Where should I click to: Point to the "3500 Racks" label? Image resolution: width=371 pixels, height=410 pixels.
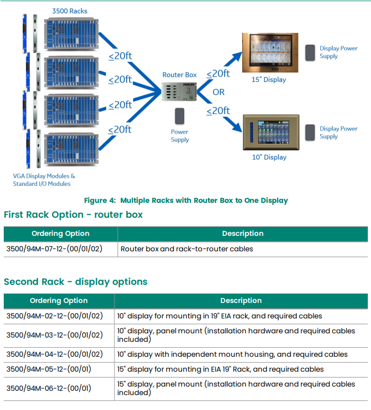pyautogui.click(x=70, y=11)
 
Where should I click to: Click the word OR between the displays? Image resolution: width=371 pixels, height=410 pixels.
pyautogui.click(x=219, y=92)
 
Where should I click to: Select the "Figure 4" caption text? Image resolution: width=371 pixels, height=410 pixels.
pyautogui.click(x=186, y=201)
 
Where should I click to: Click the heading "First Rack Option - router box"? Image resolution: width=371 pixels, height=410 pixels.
pyautogui.click(x=73, y=215)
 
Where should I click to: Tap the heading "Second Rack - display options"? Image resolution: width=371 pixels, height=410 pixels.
pyautogui.click(x=76, y=282)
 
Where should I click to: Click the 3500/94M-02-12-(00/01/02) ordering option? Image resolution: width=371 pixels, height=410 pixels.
pyautogui.click(x=54, y=316)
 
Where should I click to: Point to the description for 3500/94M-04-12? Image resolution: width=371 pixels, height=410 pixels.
pyautogui.click(x=232, y=354)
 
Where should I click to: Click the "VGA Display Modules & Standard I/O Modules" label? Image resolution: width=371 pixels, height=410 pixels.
pyautogui.click(x=44, y=180)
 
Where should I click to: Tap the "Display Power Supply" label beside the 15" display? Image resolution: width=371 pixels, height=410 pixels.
pyautogui.click(x=338, y=52)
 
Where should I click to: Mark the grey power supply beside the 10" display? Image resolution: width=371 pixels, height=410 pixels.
pyautogui.click(x=309, y=132)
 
